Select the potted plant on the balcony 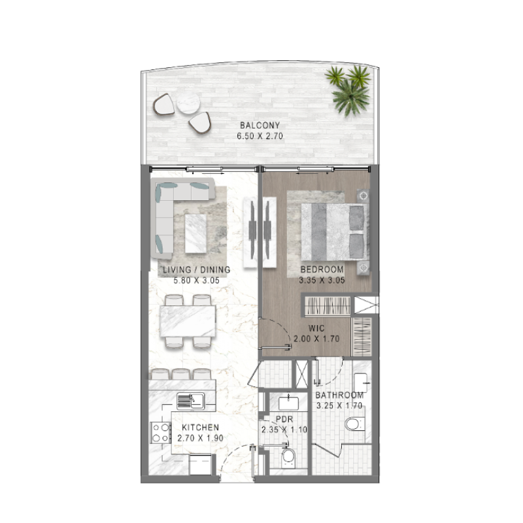coord(349,88)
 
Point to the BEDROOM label coord(322,269)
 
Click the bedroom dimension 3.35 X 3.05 coord(322,280)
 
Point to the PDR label coord(283,419)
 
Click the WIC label coord(318,329)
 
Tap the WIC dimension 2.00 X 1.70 coord(318,340)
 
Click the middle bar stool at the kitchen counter coord(181,374)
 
